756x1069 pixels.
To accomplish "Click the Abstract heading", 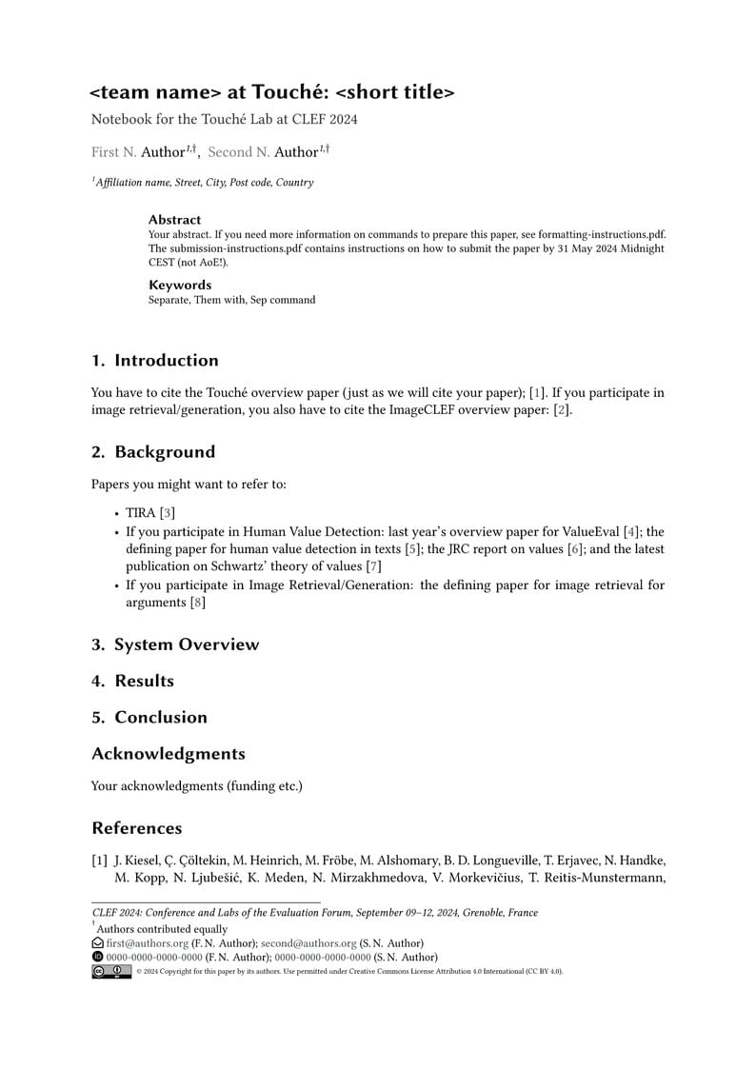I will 174,220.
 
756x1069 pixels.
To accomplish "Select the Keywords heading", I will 180,285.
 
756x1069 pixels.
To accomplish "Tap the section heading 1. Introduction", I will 155,360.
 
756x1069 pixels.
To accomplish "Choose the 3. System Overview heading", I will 175,644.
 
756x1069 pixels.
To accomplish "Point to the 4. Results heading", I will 132,681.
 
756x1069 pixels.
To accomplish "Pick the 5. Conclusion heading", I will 149,717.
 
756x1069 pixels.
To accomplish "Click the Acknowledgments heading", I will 169,753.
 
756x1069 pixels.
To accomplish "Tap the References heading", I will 136,827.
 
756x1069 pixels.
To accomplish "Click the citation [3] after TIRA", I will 168,513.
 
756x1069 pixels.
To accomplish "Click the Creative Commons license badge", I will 111,971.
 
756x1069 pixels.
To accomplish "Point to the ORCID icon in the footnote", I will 97,957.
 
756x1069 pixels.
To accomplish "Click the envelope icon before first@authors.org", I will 97,943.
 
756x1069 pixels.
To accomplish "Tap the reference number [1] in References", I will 99,861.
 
